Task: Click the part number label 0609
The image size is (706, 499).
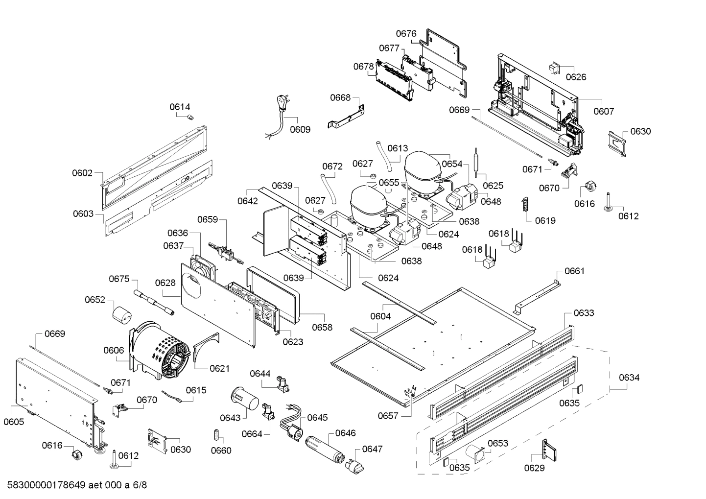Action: tap(300, 130)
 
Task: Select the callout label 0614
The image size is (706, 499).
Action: tap(180, 107)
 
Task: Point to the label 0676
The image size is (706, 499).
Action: tap(406, 33)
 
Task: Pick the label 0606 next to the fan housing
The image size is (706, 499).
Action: tap(114, 350)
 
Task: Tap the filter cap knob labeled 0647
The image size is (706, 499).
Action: tap(355, 467)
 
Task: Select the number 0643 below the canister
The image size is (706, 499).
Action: tap(230, 417)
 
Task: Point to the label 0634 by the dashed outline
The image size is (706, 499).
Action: tap(629, 378)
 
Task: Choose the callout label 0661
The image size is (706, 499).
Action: tap(574, 271)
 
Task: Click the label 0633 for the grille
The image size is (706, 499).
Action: tap(584, 313)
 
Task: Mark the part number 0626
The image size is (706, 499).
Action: tap(576, 77)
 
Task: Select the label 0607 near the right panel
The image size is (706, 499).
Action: tap(603, 111)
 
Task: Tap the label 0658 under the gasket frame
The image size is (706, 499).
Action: tap(322, 327)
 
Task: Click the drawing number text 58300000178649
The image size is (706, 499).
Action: tap(45, 485)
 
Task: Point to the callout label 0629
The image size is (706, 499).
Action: tap(534, 468)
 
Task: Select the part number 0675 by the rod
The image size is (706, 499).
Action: tap(119, 279)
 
